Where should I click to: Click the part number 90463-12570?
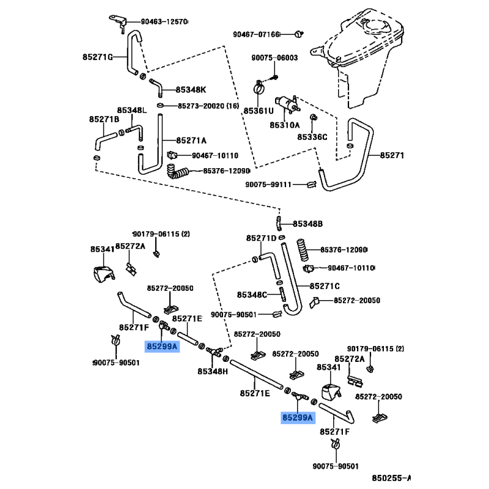coord(164,21)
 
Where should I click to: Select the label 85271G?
coord(98,57)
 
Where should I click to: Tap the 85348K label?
coord(191,89)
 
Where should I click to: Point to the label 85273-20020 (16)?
coord(208,106)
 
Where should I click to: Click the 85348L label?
coord(133,111)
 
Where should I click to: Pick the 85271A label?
coord(191,140)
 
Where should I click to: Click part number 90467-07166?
coord(256,34)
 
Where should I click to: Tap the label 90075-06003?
coord(274,58)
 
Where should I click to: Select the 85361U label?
coord(259,111)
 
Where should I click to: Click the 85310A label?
coord(285,125)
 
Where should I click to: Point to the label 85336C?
coord(312,137)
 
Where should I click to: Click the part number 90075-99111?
coord(271,185)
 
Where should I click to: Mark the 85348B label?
coord(307,224)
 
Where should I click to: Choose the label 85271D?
coord(262,238)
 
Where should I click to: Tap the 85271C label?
coord(324,285)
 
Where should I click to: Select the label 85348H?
coord(213,371)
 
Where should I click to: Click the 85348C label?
coord(252,295)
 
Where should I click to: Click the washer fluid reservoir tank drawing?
coord(361,58)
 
